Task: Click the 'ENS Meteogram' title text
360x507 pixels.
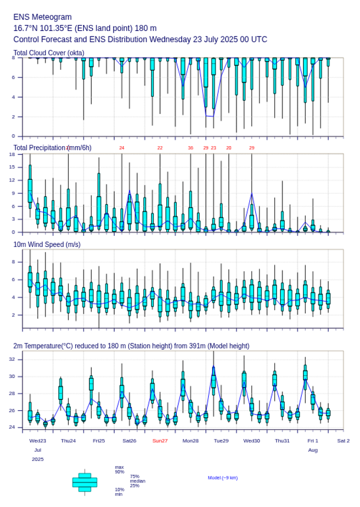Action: pyautogui.click(x=42, y=17)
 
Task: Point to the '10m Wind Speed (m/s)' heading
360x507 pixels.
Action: pyautogui.click(x=47, y=244)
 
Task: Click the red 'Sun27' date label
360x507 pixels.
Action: pyautogui.click(x=160, y=441)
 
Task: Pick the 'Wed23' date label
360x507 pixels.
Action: pyautogui.click(x=38, y=441)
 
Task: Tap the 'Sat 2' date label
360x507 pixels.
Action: pyautogui.click(x=343, y=441)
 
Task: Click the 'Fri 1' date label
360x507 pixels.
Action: pyautogui.click(x=313, y=441)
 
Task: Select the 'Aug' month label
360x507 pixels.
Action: pyautogui.click(x=313, y=450)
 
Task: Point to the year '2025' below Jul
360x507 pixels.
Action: pyautogui.click(x=38, y=459)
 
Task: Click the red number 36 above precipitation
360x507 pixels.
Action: pyautogui.click(x=191, y=148)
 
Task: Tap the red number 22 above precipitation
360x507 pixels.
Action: pyautogui.click(x=160, y=148)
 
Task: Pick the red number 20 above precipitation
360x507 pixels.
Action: pyautogui.click(x=229, y=148)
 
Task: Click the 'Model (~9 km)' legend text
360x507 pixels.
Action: pyautogui.click(x=223, y=478)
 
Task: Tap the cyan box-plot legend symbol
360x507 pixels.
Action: pyautogui.click(x=84, y=482)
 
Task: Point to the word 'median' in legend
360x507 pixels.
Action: pyautogui.click(x=137, y=481)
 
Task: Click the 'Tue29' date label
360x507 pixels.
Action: pyautogui.click(x=221, y=441)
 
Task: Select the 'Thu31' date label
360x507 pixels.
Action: pyautogui.click(x=282, y=441)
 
